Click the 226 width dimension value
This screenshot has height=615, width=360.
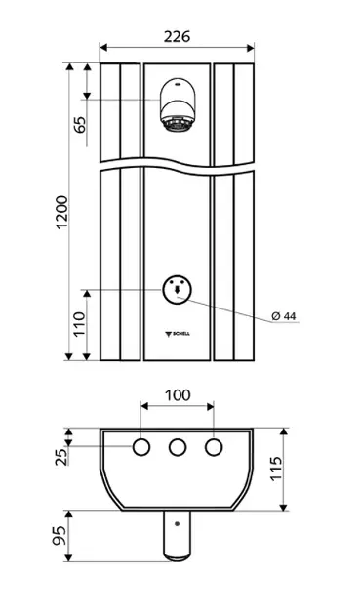pyautogui.click(x=177, y=36)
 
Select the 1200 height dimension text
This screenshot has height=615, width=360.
pyautogui.click(x=62, y=212)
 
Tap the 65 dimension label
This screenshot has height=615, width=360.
pyautogui.click(x=80, y=125)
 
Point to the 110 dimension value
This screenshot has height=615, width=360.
pyautogui.click(x=80, y=323)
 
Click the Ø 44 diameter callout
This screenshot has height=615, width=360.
pyautogui.click(x=284, y=316)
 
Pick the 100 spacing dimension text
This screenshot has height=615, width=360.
pyautogui.click(x=178, y=395)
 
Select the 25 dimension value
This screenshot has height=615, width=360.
pyautogui.click(x=61, y=457)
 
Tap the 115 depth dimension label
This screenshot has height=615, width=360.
pyautogui.click(x=276, y=468)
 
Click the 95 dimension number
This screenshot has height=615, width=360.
pyautogui.click(x=60, y=536)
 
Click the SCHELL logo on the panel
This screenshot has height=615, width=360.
pyautogui.click(x=177, y=334)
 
